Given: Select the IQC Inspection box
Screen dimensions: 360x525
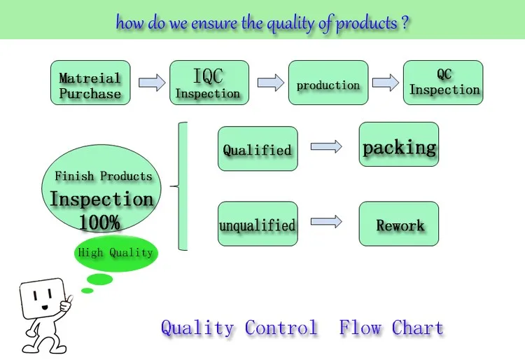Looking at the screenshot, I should click(209, 83).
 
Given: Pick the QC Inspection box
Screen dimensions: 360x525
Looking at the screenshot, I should click(443, 83).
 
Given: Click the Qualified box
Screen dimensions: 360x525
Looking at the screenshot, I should click(258, 148).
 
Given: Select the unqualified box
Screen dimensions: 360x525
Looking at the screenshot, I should click(258, 224).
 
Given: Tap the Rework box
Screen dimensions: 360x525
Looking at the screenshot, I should click(399, 224).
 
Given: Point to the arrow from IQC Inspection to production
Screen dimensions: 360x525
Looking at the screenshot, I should click(270, 83).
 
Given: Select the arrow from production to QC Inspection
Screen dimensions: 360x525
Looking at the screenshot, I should click(385, 83).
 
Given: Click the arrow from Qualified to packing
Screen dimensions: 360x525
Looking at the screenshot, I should click(326, 146).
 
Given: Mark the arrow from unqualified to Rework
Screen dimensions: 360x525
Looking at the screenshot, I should click(326, 222).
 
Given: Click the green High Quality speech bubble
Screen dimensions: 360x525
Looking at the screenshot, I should click(115, 253).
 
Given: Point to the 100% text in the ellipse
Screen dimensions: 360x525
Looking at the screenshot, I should click(99, 223).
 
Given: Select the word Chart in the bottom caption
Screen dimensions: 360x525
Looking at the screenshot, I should click(417, 328).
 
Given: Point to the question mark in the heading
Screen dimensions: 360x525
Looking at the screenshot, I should click(405, 22).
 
